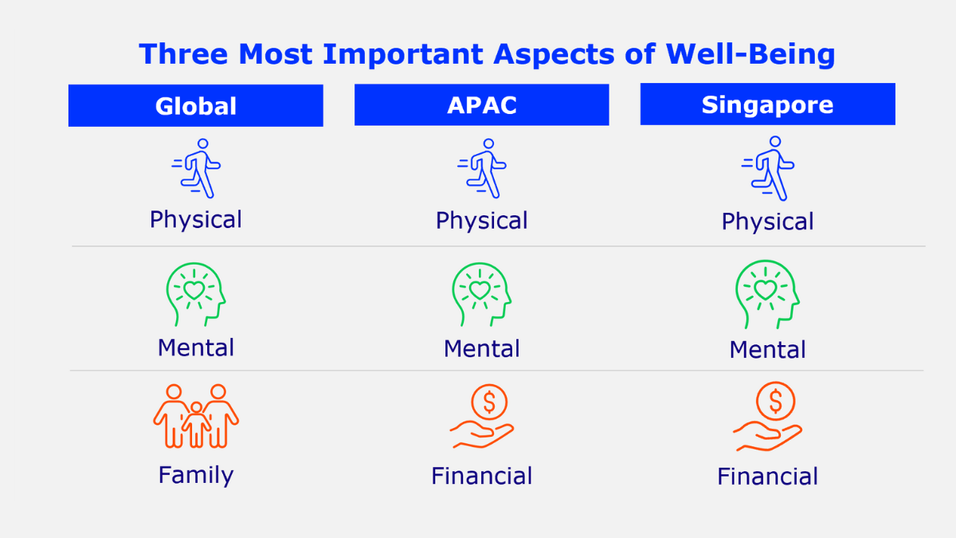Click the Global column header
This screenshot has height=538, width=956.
(x=195, y=106)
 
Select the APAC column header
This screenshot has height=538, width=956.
(x=481, y=105)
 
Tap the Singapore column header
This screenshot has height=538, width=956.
(x=767, y=104)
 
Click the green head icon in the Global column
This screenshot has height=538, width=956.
(x=196, y=292)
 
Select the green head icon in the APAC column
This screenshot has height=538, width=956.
(x=481, y=293)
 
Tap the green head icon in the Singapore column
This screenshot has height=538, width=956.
(x=766, y=293)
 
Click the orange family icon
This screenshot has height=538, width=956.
(x=196, y=416)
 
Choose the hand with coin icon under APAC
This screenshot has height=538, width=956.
(x=482, y=416)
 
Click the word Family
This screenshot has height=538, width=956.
(x=196, y=475)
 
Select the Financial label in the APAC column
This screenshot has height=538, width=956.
(x=482, y=477)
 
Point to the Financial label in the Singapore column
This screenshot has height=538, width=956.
(x=767, y=477)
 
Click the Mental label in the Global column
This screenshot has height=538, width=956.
(x=196, y=348)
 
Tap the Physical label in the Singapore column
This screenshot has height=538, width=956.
(x=767, y=222)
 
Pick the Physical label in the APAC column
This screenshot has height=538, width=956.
(x=482, y=221)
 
